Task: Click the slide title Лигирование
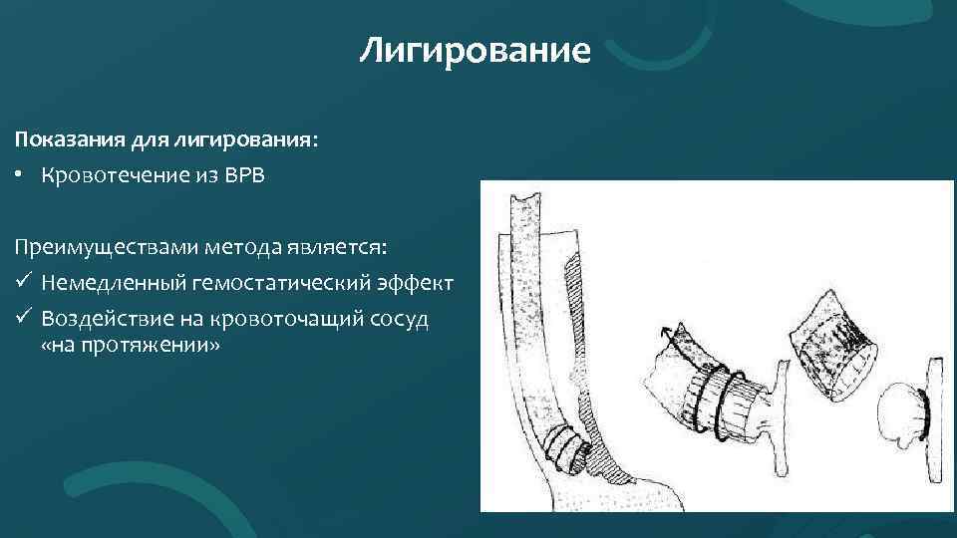(x=476, y=49)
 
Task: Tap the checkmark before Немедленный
(x=21, y=284)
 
